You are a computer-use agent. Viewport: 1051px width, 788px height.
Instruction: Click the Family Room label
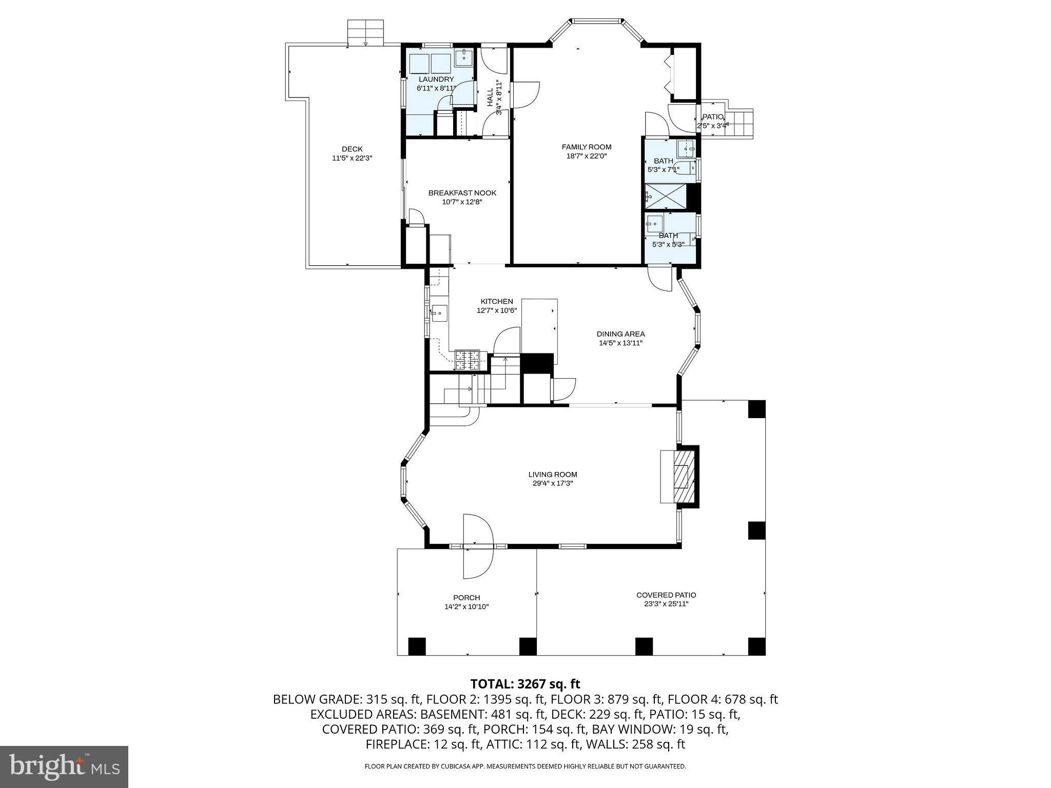coord(587,147)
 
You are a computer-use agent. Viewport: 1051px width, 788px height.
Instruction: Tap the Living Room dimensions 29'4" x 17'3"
coord(553,483)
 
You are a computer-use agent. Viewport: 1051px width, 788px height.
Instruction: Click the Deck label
coord(352,149)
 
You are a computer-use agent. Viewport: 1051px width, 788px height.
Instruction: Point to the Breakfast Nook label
coord(462,193)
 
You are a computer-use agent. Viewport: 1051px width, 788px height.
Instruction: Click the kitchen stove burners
coord(468,359)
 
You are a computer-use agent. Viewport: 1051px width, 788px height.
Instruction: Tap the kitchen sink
coord(439,312)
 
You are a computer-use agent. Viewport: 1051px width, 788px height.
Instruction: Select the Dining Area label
coord(620,334)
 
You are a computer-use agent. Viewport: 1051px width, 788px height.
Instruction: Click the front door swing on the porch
coord(478,547)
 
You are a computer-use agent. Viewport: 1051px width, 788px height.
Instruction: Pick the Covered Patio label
coord(666,595)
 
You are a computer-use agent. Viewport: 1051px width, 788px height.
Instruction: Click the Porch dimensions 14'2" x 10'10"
coord(466,607)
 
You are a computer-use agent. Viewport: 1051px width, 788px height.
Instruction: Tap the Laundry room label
coord(436,79)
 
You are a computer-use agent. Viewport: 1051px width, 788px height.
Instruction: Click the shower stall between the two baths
coord(666,196)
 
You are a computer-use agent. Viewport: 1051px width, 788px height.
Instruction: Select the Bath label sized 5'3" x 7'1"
coord(663,161)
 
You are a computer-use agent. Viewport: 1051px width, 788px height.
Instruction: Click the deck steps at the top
coord(365,33)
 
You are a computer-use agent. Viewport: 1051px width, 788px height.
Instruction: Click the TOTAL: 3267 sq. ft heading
coord(525,684)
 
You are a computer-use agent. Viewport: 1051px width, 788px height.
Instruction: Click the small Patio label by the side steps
coord(712,117)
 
